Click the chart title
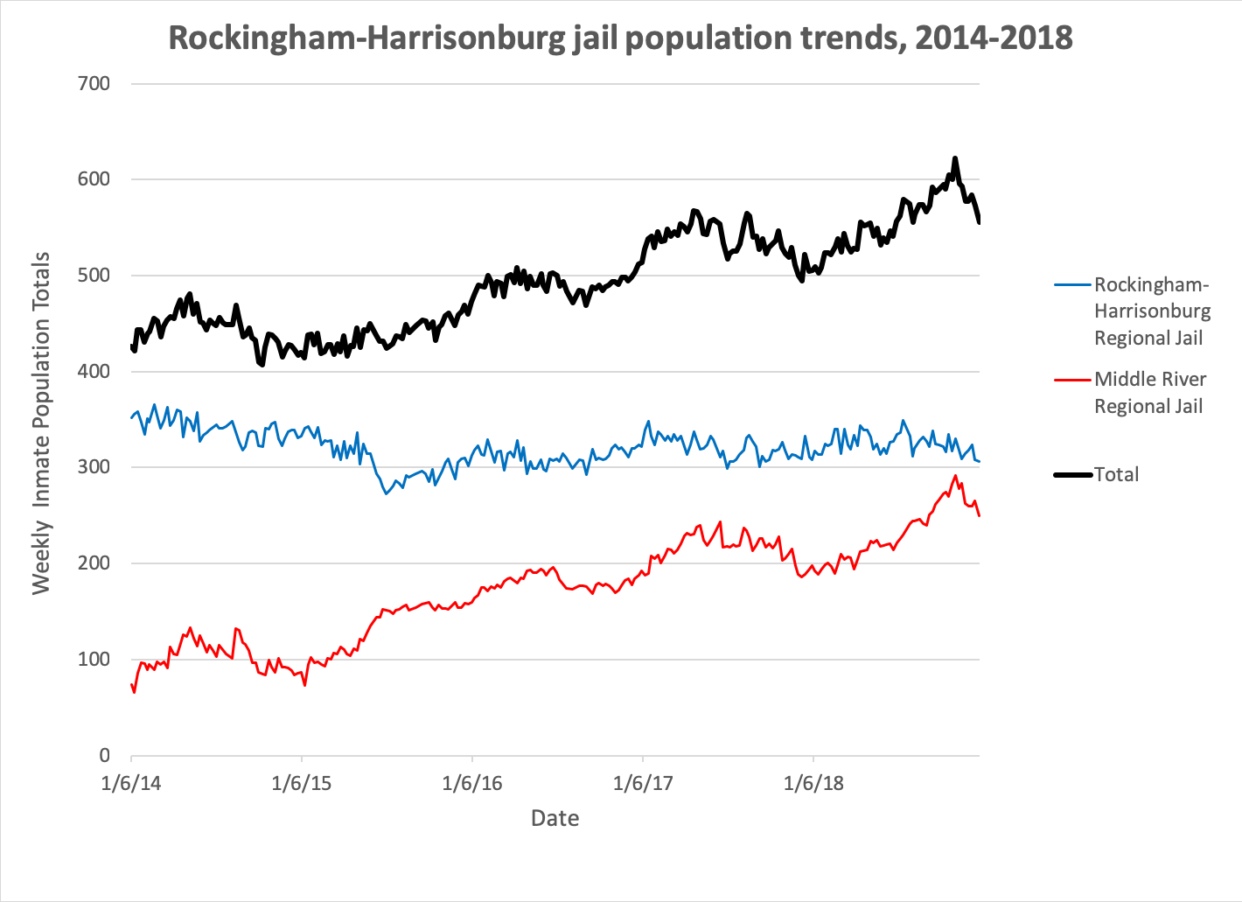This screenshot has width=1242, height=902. coord(620,38)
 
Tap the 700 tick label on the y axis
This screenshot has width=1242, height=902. coord(94,84)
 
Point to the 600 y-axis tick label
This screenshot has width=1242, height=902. coord(94,179)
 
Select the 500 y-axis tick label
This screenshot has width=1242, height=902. coord(94,276)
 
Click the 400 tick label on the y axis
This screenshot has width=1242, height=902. coord(94,371)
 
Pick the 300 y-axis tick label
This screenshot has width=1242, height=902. coord(94,467)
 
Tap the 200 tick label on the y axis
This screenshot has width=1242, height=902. coord(94,563)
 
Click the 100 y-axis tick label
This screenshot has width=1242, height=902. coord(94,660)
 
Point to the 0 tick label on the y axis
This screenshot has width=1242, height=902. coord(104,755)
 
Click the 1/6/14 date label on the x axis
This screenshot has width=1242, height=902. coord(131,783)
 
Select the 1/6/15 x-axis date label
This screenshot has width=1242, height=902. coord(302,783)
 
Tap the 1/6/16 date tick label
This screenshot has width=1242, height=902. coord(472,783)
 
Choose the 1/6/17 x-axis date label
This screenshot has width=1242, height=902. coord(643,783)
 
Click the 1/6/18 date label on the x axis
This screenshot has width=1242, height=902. coord(813,783)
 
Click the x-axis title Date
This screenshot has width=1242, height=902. coord(555,818)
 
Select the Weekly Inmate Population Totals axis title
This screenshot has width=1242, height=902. coord(41,423)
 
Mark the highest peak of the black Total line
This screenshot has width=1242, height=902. coord(955,158)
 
